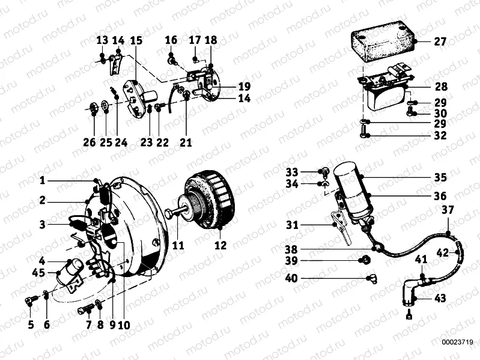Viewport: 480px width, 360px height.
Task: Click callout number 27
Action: pyautogui.click(x=440, y=42)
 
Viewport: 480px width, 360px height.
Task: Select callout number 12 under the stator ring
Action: pyautogui.click(x=220, y=245)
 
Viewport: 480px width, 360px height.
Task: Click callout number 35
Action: pyautogui.click(x=440, y=178)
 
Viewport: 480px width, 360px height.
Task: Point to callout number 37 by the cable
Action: pyautogui.click(x=448, y=210)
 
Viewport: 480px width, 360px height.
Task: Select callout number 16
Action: pyautogui.click(x=171, y=40)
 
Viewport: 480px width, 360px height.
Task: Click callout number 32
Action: pyautogui.click(x=440, y=136)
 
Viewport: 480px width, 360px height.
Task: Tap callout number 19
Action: pyautogui.click(x=228, y=85)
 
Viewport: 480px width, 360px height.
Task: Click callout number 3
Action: pyautogui.click(x=42, y=224)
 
